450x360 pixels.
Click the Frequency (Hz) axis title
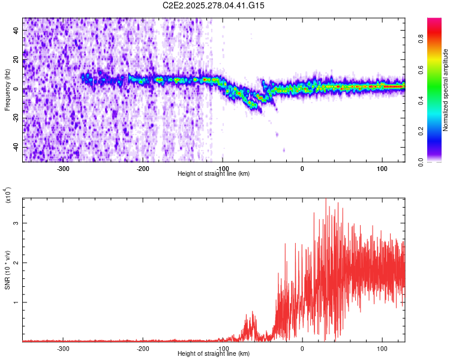(x=7, y=90)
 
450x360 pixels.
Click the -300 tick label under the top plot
(x=63, y=168)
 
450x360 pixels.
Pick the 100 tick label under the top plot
(x=382, y=168)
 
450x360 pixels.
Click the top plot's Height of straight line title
(x=214, y=173)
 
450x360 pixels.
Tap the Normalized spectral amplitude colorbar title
(x=446, y=90)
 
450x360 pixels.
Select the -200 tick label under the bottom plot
(x=143, y=348)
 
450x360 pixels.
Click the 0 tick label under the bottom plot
(x=302, y=348)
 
